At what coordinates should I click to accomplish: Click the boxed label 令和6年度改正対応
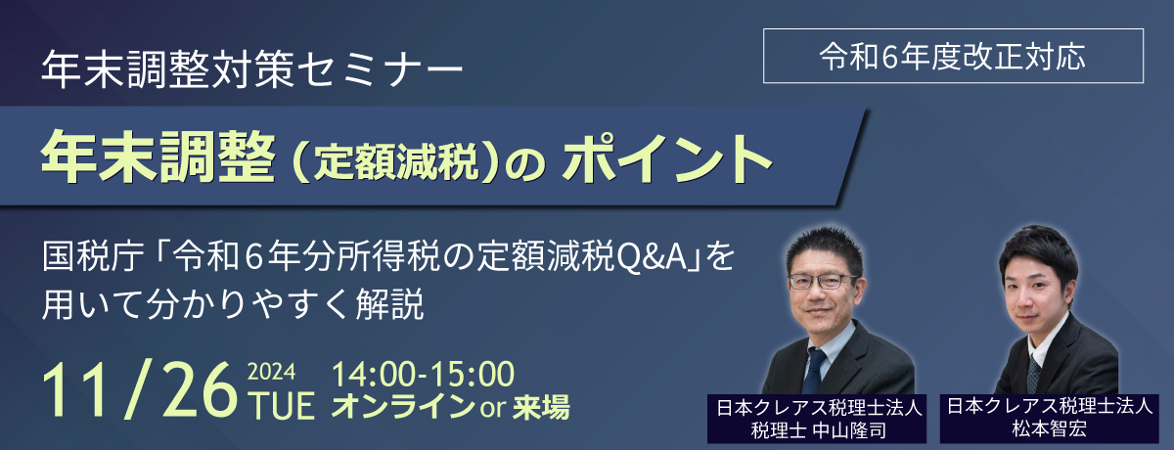(953, 56)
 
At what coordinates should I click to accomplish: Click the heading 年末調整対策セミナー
(252, 69)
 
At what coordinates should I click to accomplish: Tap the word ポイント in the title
(667, 157)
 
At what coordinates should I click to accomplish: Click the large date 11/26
(139, 390)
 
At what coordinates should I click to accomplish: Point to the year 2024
(271, 373)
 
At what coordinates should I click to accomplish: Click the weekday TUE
(283, 406)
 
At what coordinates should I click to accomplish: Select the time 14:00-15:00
(423, 374)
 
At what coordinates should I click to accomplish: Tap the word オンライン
(403, 407)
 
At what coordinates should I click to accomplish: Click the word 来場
(541, 407)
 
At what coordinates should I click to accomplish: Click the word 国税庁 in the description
(93, 256)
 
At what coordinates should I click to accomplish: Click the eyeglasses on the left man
(823, 282)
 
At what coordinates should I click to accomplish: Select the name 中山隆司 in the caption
(849, 430)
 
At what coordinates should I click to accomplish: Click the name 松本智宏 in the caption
(1049, 429)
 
